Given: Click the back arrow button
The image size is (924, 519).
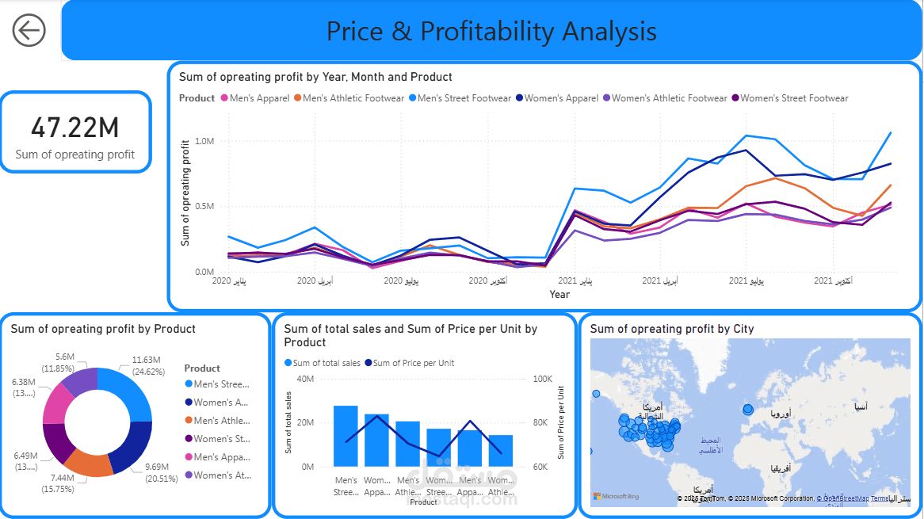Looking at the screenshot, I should point(29,31).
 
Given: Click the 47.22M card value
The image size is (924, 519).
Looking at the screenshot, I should point(75,128).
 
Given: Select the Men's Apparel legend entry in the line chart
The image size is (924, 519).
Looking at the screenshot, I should point(254,98).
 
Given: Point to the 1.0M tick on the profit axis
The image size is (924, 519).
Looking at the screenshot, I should point(204,141).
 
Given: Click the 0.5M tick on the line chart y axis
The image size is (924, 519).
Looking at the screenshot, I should point(204,207).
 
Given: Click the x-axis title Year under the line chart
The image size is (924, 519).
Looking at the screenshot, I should point(559,294).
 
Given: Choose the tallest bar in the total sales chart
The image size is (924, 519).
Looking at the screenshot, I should point(346,436).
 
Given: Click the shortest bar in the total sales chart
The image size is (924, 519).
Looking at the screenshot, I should point(501,450).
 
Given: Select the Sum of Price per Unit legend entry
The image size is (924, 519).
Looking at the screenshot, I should point(409,363).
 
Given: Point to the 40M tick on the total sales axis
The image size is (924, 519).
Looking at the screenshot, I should point(305,379).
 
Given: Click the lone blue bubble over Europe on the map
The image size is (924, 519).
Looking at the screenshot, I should point(748,409).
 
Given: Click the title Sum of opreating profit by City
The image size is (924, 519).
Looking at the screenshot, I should point(672,329).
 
